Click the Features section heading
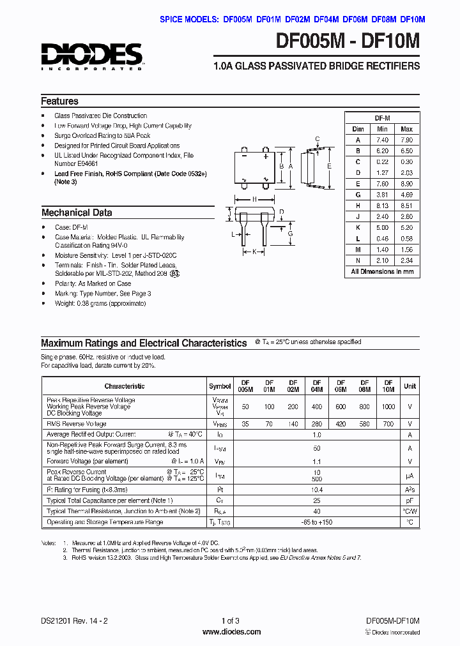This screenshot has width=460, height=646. tap(59, 101)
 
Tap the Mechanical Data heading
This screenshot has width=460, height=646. tap(77, 213)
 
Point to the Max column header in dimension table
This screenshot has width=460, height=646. tap(406, 129)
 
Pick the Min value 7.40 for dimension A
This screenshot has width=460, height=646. tap(382, 140)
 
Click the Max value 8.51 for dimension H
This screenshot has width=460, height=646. tap(406, 206)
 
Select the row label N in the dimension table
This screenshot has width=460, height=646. tap(358, 260)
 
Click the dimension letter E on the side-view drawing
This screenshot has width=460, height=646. tap(330, 166)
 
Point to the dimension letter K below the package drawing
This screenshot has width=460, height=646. tap(254, 252)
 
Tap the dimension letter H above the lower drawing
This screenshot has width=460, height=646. tap(254, 199)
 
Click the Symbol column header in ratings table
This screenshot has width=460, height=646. tap(220, 386)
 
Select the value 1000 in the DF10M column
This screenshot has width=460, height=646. tap(388, 407)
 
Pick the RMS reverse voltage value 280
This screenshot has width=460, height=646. tap(317, 424)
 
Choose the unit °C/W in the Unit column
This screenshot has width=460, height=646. tap(410, 511)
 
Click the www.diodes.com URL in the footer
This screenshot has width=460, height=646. tap(231, 632)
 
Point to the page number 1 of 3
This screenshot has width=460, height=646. tap(231, 620)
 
